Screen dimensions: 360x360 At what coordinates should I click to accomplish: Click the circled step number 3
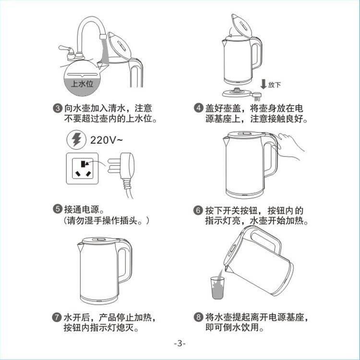(x=58, y=108)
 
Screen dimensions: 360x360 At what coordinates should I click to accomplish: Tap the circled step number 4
(x=198, y=108)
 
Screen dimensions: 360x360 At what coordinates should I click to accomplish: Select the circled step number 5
(x=58, y=209)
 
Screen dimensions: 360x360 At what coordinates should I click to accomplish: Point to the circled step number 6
(x=198, y=210)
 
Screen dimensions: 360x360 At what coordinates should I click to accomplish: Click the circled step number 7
(x=57, y=318)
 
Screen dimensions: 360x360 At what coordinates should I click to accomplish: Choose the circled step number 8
(x=198, y=317)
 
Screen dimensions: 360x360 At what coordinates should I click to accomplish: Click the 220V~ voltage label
(x=106, y=140)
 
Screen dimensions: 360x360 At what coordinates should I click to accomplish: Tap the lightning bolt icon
(x=76, y=140)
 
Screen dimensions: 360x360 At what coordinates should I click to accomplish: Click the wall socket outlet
(x=83, y=168)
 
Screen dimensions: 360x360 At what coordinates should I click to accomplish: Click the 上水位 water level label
(x=82, y=84)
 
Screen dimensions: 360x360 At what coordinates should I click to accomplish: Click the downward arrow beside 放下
(x=264, y=84)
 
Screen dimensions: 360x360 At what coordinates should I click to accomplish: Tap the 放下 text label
(x=275, y=85)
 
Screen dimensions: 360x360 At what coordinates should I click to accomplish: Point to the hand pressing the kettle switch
(x=290, y=147)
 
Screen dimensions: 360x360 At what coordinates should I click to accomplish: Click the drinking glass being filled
(x=217, y=288)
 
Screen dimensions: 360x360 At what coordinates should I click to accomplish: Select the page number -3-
(x=180, y=344)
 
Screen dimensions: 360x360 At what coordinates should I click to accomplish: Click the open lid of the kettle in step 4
(x=241, y=25)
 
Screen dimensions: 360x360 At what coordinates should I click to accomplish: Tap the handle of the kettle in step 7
(x=125, y=262)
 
